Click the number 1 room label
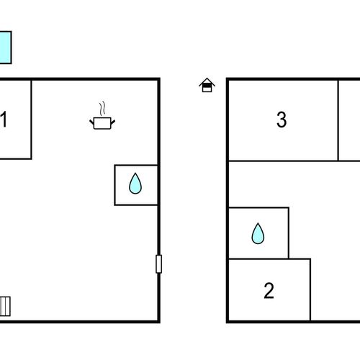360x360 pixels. tap(4, 119)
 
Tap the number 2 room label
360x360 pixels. tap(269, 291)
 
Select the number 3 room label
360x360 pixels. tap(282, 120)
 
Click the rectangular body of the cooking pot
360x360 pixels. tap(102, 123)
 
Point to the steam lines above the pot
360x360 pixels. tap(102, 109)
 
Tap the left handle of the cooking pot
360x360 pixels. tap(91, 122)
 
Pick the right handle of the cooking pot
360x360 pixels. tap(113, 122)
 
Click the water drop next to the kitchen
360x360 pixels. tap(135, 184)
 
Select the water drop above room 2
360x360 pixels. tap(258, 234)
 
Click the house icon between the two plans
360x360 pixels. tap(207, 85)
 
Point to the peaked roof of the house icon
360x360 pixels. tap(207, 81)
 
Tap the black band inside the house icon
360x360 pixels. tap(207, 85)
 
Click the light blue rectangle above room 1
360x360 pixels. tap(5, 48)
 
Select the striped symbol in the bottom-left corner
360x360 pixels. tap(5, 307)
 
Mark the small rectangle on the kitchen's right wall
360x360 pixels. tap(159, 264)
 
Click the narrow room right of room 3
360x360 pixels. tap(349, 120)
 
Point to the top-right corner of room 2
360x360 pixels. tap(310, 259)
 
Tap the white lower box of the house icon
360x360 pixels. tap(207, 89)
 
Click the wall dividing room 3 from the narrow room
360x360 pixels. tap(338, 120)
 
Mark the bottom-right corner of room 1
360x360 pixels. tap(31, 158)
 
